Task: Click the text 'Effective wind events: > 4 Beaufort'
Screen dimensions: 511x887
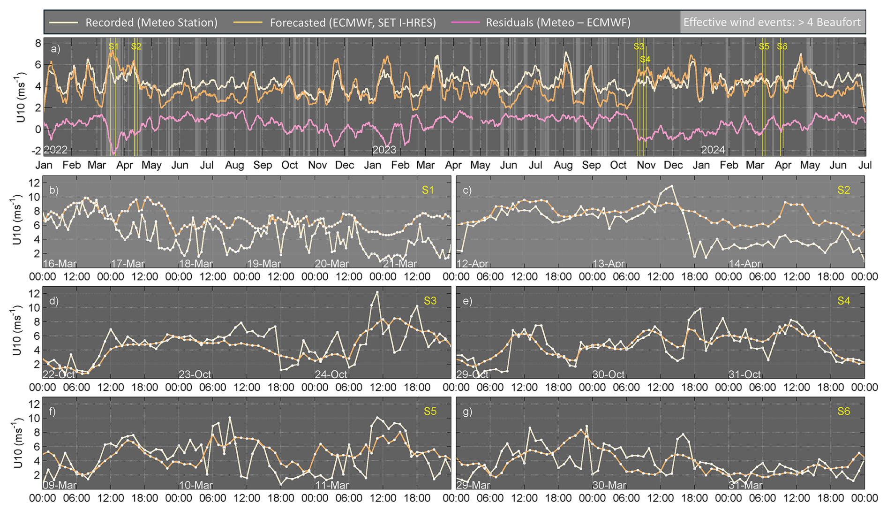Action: click(772, 23)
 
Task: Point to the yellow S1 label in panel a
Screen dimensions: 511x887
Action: click(113, 46)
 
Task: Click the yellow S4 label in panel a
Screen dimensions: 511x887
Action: click(645, 59)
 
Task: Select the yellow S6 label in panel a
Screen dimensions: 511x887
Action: click(782, 46)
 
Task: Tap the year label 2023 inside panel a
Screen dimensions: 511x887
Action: click(384, 150)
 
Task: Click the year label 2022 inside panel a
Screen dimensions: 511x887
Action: click(56, 150)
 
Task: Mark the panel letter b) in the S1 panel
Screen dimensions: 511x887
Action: click(54, 190)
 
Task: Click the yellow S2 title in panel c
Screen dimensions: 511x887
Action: click(843, 190)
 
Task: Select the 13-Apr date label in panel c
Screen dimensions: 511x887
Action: click(609, 264)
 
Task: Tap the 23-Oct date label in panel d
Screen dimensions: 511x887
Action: click(195, 374)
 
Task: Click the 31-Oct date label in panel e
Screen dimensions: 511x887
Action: click(744, 374)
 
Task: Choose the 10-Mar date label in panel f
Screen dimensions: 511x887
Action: click(195, 485)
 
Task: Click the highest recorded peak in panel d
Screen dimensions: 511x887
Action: click(377, 292)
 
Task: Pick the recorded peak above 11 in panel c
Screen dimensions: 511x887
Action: click(672, 186)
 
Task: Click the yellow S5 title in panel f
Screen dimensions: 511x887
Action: click(430, 412)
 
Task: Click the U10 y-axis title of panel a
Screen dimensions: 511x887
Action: click(20, 98)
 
